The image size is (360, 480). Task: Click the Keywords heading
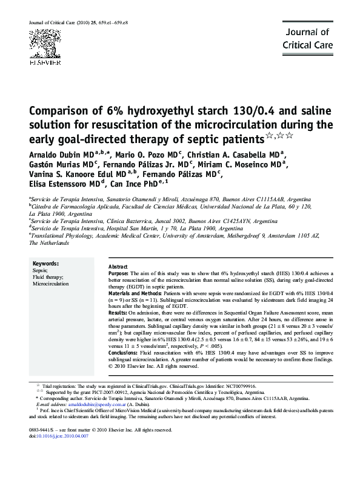coord(46,264)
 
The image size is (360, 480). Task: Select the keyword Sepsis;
coord(41,270)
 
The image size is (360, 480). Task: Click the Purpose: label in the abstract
coord(118,274)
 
